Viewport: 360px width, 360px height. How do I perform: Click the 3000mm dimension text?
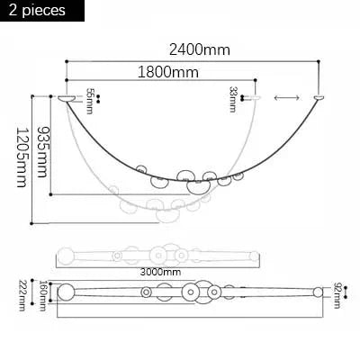160,271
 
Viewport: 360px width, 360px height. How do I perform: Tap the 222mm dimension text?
22,294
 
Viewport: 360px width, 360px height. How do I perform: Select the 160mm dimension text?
42,294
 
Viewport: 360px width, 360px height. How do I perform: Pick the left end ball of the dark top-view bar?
65,292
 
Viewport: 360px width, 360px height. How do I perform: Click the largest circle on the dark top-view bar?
190,292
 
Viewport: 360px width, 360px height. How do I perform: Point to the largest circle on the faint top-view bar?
159,255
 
